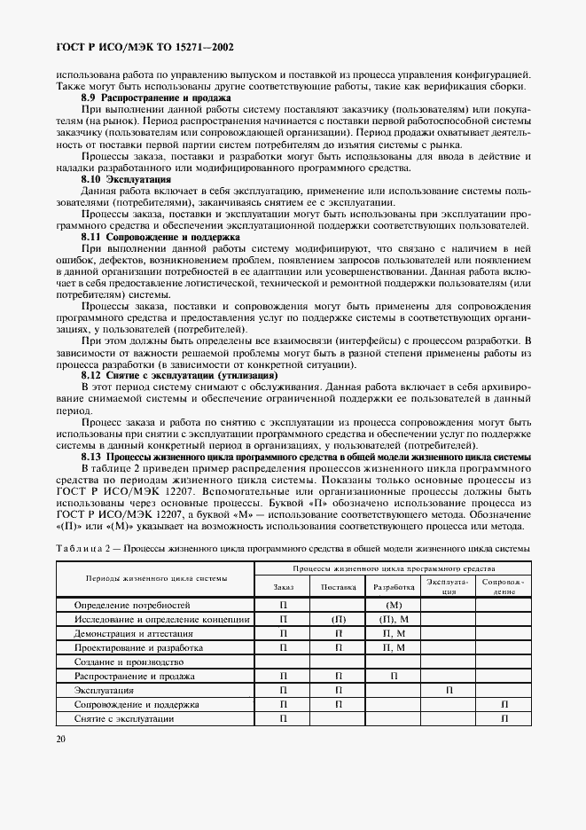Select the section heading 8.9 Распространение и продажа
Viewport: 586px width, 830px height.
(x=155, y=97)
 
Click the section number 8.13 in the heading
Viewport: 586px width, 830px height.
(x=93, y=457)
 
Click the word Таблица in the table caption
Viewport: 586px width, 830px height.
(x=80, y=549)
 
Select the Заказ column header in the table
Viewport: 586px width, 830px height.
(x=283, y=587)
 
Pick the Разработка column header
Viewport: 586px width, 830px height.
(x=394, y=587)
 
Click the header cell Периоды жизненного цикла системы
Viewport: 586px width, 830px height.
(x=155, y=578)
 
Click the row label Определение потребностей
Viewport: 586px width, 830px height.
(x=132, y=604)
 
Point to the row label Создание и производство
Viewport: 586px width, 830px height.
(x=129, y=662)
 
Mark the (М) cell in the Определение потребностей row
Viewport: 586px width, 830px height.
(x=394, y=604)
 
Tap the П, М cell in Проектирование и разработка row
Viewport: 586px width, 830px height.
(x=394, y=647)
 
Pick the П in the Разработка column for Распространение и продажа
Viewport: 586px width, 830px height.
(x=394, y=676)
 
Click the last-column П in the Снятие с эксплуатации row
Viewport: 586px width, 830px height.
(x=504, y=719)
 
